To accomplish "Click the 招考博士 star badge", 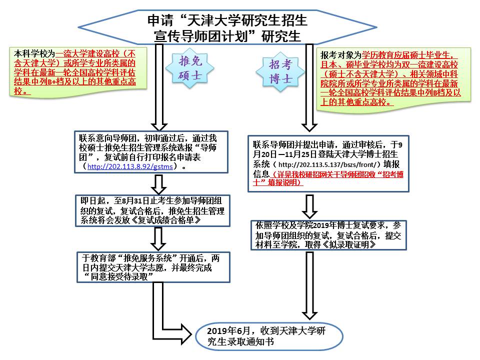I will (281, 72).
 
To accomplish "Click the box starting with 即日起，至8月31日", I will (152, 210).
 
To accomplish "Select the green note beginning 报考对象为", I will (394, 77).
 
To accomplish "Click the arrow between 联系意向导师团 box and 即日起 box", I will (159, 183).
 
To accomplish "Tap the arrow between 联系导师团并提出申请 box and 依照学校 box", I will (310, 205).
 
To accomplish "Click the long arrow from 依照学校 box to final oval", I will (310, 285).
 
